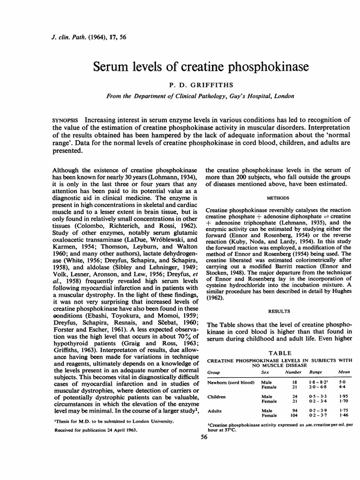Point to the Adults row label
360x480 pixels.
215,410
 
